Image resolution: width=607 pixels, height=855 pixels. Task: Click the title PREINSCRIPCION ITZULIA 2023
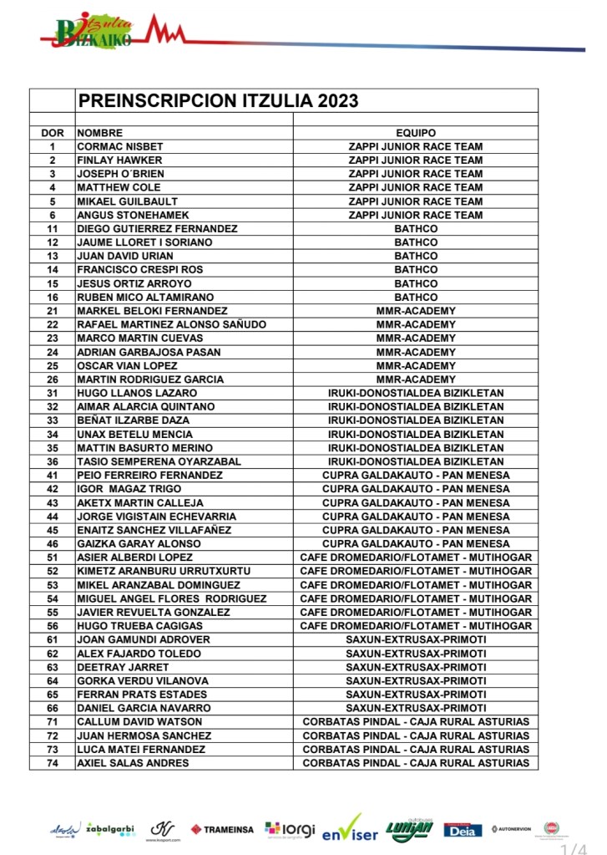218,101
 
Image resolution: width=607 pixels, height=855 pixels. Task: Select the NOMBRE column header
100,133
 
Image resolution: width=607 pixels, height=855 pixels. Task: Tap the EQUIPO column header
415,133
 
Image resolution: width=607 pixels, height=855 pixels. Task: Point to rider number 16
53,297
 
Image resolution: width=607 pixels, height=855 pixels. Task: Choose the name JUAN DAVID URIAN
125,256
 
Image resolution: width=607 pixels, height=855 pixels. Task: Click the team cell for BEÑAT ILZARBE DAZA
415,420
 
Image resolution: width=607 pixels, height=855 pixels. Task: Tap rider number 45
53,530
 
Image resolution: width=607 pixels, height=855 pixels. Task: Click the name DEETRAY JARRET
123,667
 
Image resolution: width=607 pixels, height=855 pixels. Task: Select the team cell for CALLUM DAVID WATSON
415,722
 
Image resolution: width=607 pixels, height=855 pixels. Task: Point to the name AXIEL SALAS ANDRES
133,763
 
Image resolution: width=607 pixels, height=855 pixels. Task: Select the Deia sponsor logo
462,829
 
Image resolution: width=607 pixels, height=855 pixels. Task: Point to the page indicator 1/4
574,849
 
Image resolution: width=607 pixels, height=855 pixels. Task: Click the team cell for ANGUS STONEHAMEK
415,215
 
